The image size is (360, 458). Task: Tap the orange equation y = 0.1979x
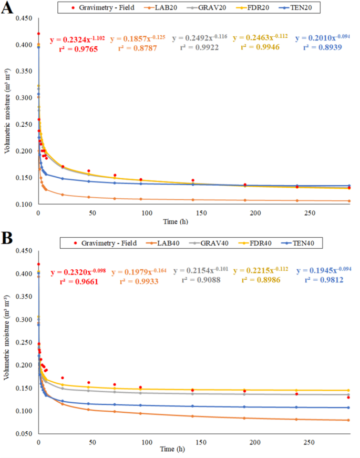[138, 271]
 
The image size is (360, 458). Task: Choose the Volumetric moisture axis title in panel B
[7, 342]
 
